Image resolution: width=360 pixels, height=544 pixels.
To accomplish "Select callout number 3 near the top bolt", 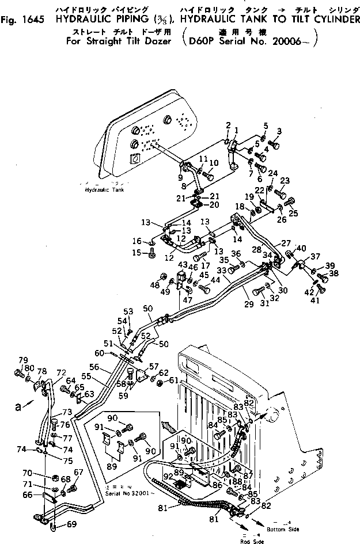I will pos(279,131).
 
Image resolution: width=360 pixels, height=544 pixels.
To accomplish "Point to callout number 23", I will pos(285,180).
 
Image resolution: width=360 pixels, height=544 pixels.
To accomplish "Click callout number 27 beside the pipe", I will pos(286,243).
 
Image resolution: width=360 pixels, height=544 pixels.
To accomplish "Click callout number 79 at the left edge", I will pos(24,360).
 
